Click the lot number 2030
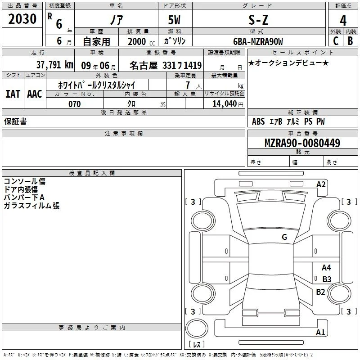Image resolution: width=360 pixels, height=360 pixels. point(22,19)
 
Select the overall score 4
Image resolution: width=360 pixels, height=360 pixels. point(343,21)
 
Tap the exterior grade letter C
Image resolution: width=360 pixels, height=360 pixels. point(336,41)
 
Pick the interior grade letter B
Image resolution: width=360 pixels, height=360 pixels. point(350,41)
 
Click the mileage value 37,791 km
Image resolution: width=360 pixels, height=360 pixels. point(54,65)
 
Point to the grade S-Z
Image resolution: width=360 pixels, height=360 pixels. point(258,20)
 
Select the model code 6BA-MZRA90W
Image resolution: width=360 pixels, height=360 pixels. point(258,41)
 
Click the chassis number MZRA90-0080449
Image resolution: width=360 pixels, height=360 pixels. point(302,143)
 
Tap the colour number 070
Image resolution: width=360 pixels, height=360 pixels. point(74,104)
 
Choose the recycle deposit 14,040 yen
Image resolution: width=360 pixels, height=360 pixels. point(228,104)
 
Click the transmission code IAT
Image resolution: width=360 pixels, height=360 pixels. point(13,94)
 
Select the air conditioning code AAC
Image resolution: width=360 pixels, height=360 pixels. point(35,94)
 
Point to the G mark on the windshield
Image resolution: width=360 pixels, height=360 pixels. point(284,237)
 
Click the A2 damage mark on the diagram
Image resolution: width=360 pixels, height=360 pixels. point(321,184)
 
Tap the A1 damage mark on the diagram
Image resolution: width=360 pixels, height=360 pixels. point(320,332)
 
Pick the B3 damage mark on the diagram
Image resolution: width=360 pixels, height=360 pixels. point(327,279)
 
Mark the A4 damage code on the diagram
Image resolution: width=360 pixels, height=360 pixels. point(326,267)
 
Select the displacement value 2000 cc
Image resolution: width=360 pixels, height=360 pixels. point(141,41)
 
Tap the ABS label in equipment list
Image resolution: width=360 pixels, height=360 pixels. point(258,121)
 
